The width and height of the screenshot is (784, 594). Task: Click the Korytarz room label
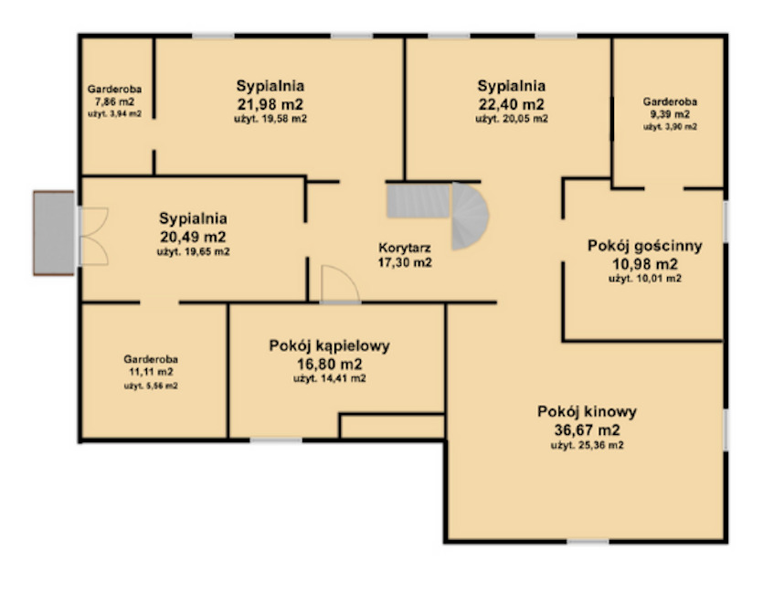pyautogui.click(x=405, y=247)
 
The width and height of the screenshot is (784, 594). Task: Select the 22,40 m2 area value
pyautogui.click(x=512, y=103)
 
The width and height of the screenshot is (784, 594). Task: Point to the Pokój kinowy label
pyautogui.click(x=587, y=411)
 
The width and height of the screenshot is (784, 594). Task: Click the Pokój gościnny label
pyautogui.click(x=644, y=245)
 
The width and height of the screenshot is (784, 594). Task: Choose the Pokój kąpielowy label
pyautogui.click(x=330, y=345)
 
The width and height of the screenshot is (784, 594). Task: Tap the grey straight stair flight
pyautogui.click(x=417, y=200)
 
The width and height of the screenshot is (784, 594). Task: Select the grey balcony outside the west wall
pyautogui.click(x=54, y=233)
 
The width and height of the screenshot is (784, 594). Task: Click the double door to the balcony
pyautogui.click(x=93, y=236)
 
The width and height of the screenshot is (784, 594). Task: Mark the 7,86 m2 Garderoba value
pyautogui.click(x=114, y=102)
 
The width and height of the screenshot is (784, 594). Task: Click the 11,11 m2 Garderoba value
pyautogui.click(x=151, y=372)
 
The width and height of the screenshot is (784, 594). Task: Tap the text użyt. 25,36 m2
pyautogui.click(x=587, y=446)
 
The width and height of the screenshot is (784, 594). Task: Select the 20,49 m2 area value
pyautogui.click(x=193, y=237)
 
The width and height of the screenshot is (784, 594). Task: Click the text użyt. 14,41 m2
pyautogui.click(x=330, y=377)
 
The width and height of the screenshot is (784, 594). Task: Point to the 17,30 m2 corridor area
pyautogui.click(x=405, y=262)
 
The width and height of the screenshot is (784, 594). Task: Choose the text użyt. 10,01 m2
pyautogui.click(x=644, y=279)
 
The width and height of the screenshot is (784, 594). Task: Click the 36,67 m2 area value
pyautogui.click(x=587, y=430)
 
